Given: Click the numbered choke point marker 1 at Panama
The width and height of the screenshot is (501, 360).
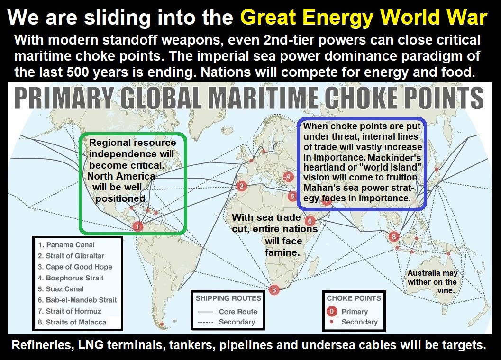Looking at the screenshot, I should [x=137, y=227].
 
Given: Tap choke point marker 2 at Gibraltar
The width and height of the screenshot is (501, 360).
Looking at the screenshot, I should [x=241, y=186].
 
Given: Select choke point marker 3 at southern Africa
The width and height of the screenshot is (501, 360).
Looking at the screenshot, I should [x=274, y=289].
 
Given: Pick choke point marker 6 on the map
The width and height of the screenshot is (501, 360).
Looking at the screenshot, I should [x=310, y=221].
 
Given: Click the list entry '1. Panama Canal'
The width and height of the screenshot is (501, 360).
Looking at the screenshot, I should [x=66, y=245].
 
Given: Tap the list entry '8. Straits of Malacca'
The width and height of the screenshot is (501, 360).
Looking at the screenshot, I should [x=73, y=322].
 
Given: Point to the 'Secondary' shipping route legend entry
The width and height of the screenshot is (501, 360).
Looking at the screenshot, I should [x=237, y=322].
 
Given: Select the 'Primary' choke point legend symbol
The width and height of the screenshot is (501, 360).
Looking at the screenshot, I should [x=332, y=312].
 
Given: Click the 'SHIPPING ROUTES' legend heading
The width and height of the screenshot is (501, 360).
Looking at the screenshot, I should [x=228, y=298].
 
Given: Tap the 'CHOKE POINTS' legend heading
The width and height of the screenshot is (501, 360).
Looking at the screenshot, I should [x=354, y=298].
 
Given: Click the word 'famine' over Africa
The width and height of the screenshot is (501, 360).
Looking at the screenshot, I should [x=282, y=252].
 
